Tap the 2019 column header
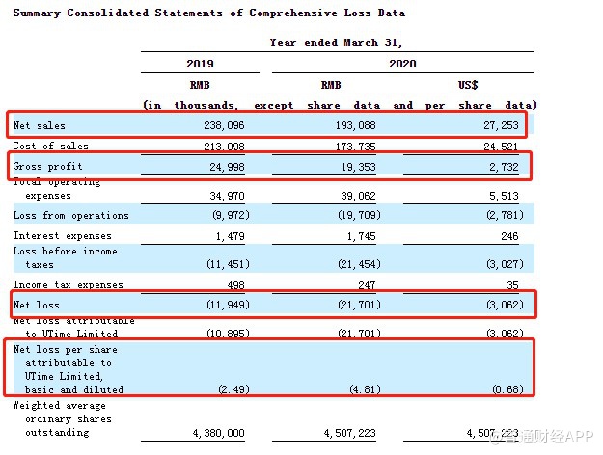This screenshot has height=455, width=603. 200,64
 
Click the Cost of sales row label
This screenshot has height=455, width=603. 50,147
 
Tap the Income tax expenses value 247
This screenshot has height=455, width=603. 367,285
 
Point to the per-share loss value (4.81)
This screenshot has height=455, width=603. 362,389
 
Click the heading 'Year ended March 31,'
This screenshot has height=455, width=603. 337,42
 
